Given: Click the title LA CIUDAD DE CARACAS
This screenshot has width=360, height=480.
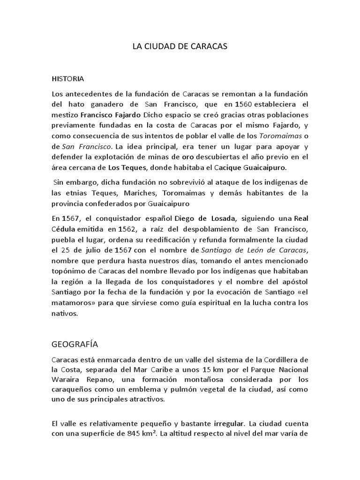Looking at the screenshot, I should click(180, 47).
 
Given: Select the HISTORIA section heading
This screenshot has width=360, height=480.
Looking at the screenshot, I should click(68, 78).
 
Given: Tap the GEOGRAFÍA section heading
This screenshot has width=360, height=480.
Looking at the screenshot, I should click(75, 345).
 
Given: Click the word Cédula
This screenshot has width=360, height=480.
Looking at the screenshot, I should click(64, 229).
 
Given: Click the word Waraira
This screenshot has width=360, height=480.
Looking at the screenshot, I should click(65, 381).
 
